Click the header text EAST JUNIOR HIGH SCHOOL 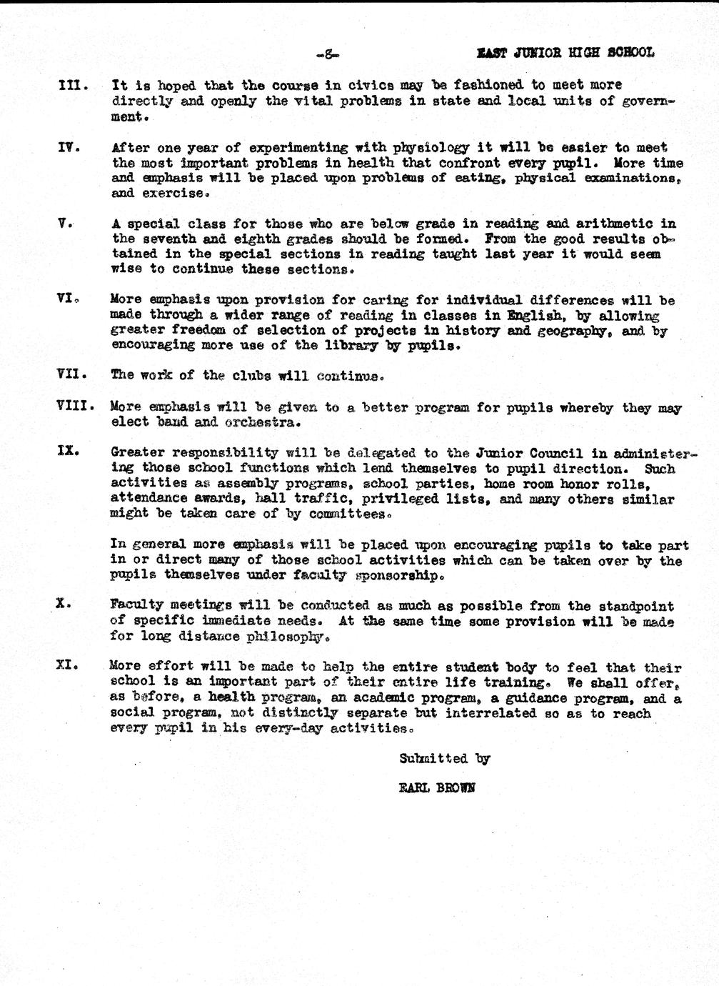click(565, 53)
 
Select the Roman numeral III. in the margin click(73, 86)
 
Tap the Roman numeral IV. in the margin click(69, 148)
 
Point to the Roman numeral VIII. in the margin click(76, 407)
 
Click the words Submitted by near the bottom click(444, 759)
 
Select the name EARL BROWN click(436, 789)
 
